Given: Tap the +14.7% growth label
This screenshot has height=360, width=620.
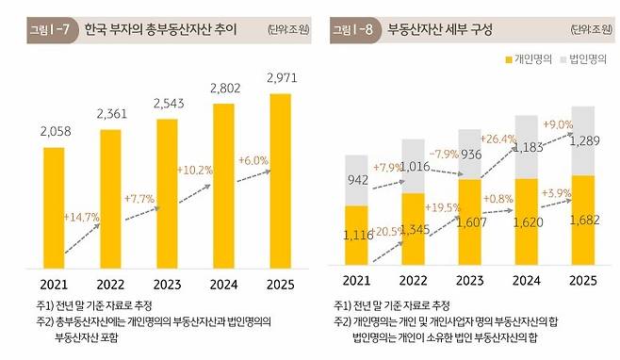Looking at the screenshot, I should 83,218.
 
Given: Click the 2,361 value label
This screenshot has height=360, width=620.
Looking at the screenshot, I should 112,114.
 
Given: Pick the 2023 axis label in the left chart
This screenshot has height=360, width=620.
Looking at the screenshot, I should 167,282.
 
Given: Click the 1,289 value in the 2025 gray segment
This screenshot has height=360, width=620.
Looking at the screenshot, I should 583,140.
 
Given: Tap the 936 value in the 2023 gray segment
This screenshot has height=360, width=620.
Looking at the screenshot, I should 474,155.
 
